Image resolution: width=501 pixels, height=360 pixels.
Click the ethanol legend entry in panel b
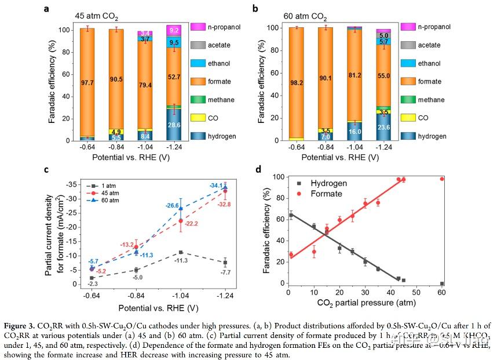[x=431, y=63]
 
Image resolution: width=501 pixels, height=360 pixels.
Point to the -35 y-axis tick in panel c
[x=71, y=184]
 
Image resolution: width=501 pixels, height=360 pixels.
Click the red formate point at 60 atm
[x=442, y=179]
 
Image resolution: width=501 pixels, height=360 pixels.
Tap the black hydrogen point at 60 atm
[x=442, y=283]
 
